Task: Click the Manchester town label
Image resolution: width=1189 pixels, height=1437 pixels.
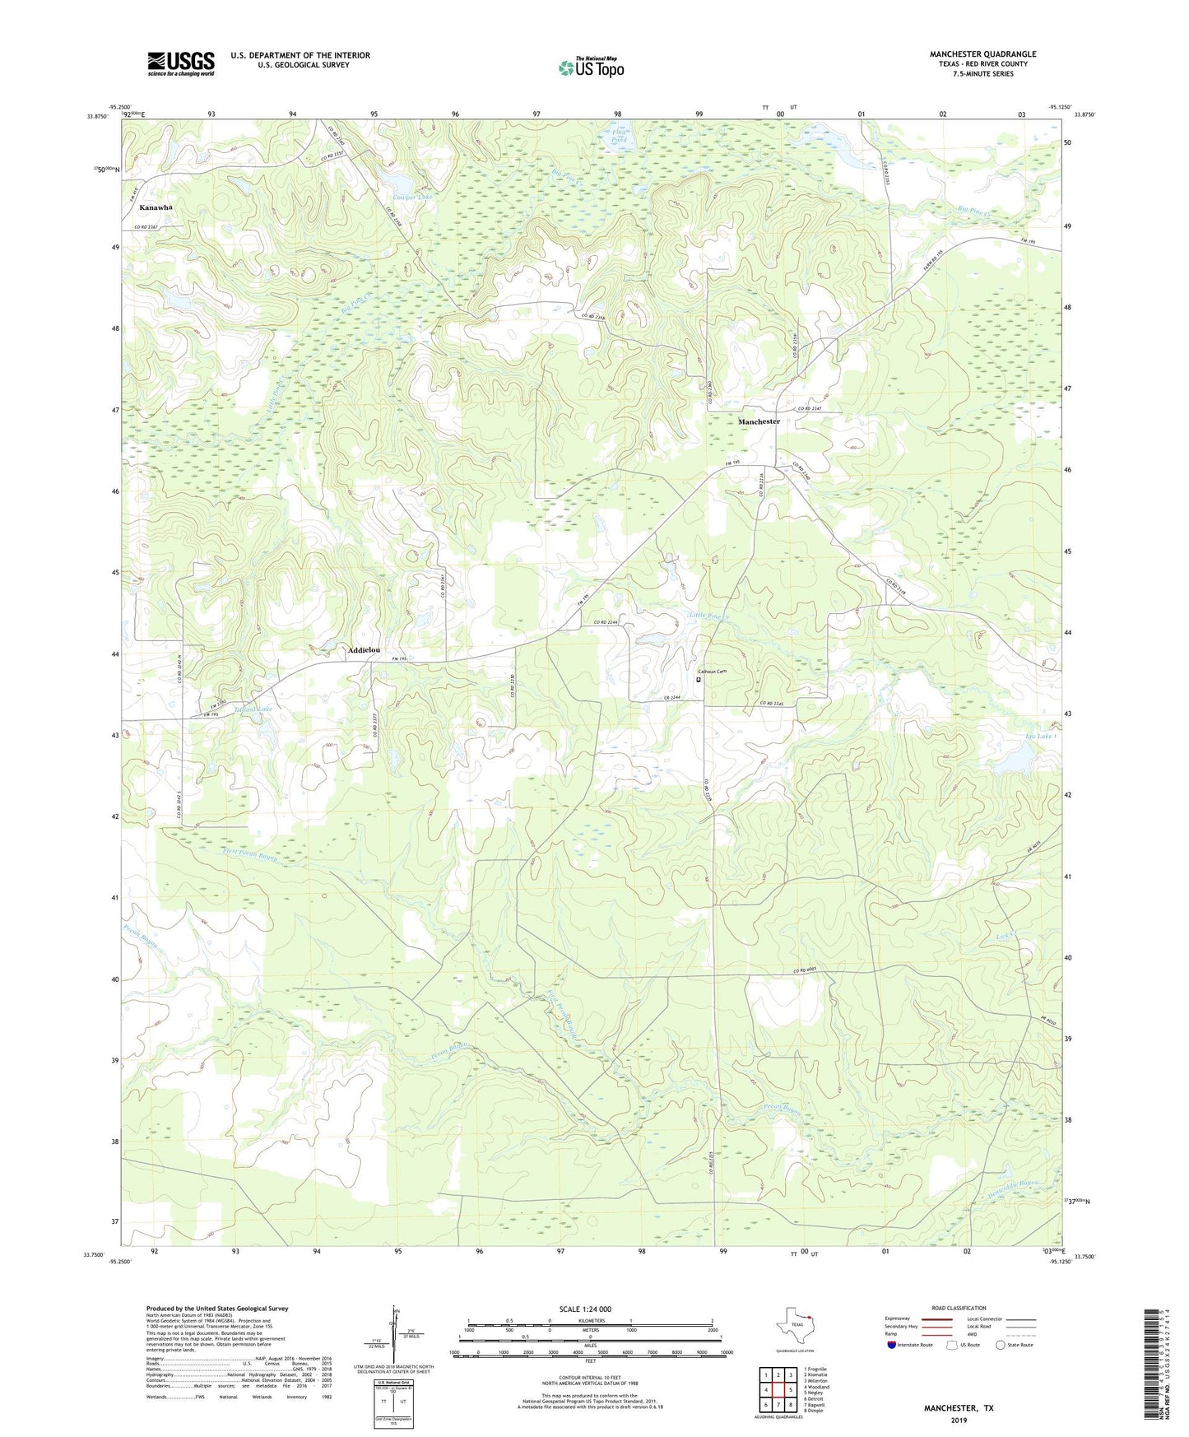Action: tap(759, 421)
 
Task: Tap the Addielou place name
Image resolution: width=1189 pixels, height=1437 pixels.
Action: tap(364, 650)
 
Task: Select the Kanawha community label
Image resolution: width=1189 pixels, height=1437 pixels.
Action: tap(156, 207)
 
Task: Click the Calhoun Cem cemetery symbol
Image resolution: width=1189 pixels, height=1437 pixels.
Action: tap(699, 680)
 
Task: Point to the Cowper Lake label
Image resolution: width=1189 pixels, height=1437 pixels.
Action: tap(412, 198)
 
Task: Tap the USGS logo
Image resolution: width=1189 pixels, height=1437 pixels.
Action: tap(181, 63)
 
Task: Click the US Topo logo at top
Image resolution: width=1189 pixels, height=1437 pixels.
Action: tap(591, 67)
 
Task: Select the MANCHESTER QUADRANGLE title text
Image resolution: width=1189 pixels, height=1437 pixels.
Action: tap(982, 54)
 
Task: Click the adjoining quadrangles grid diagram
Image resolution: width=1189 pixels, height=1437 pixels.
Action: tap(778, 1390)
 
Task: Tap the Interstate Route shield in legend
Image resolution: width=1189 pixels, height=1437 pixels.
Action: tap(893, 1345)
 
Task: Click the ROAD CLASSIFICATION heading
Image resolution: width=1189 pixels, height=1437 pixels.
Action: tap(959, 1308)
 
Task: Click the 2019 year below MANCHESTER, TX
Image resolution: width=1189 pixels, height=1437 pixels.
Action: tap(959, 1420)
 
